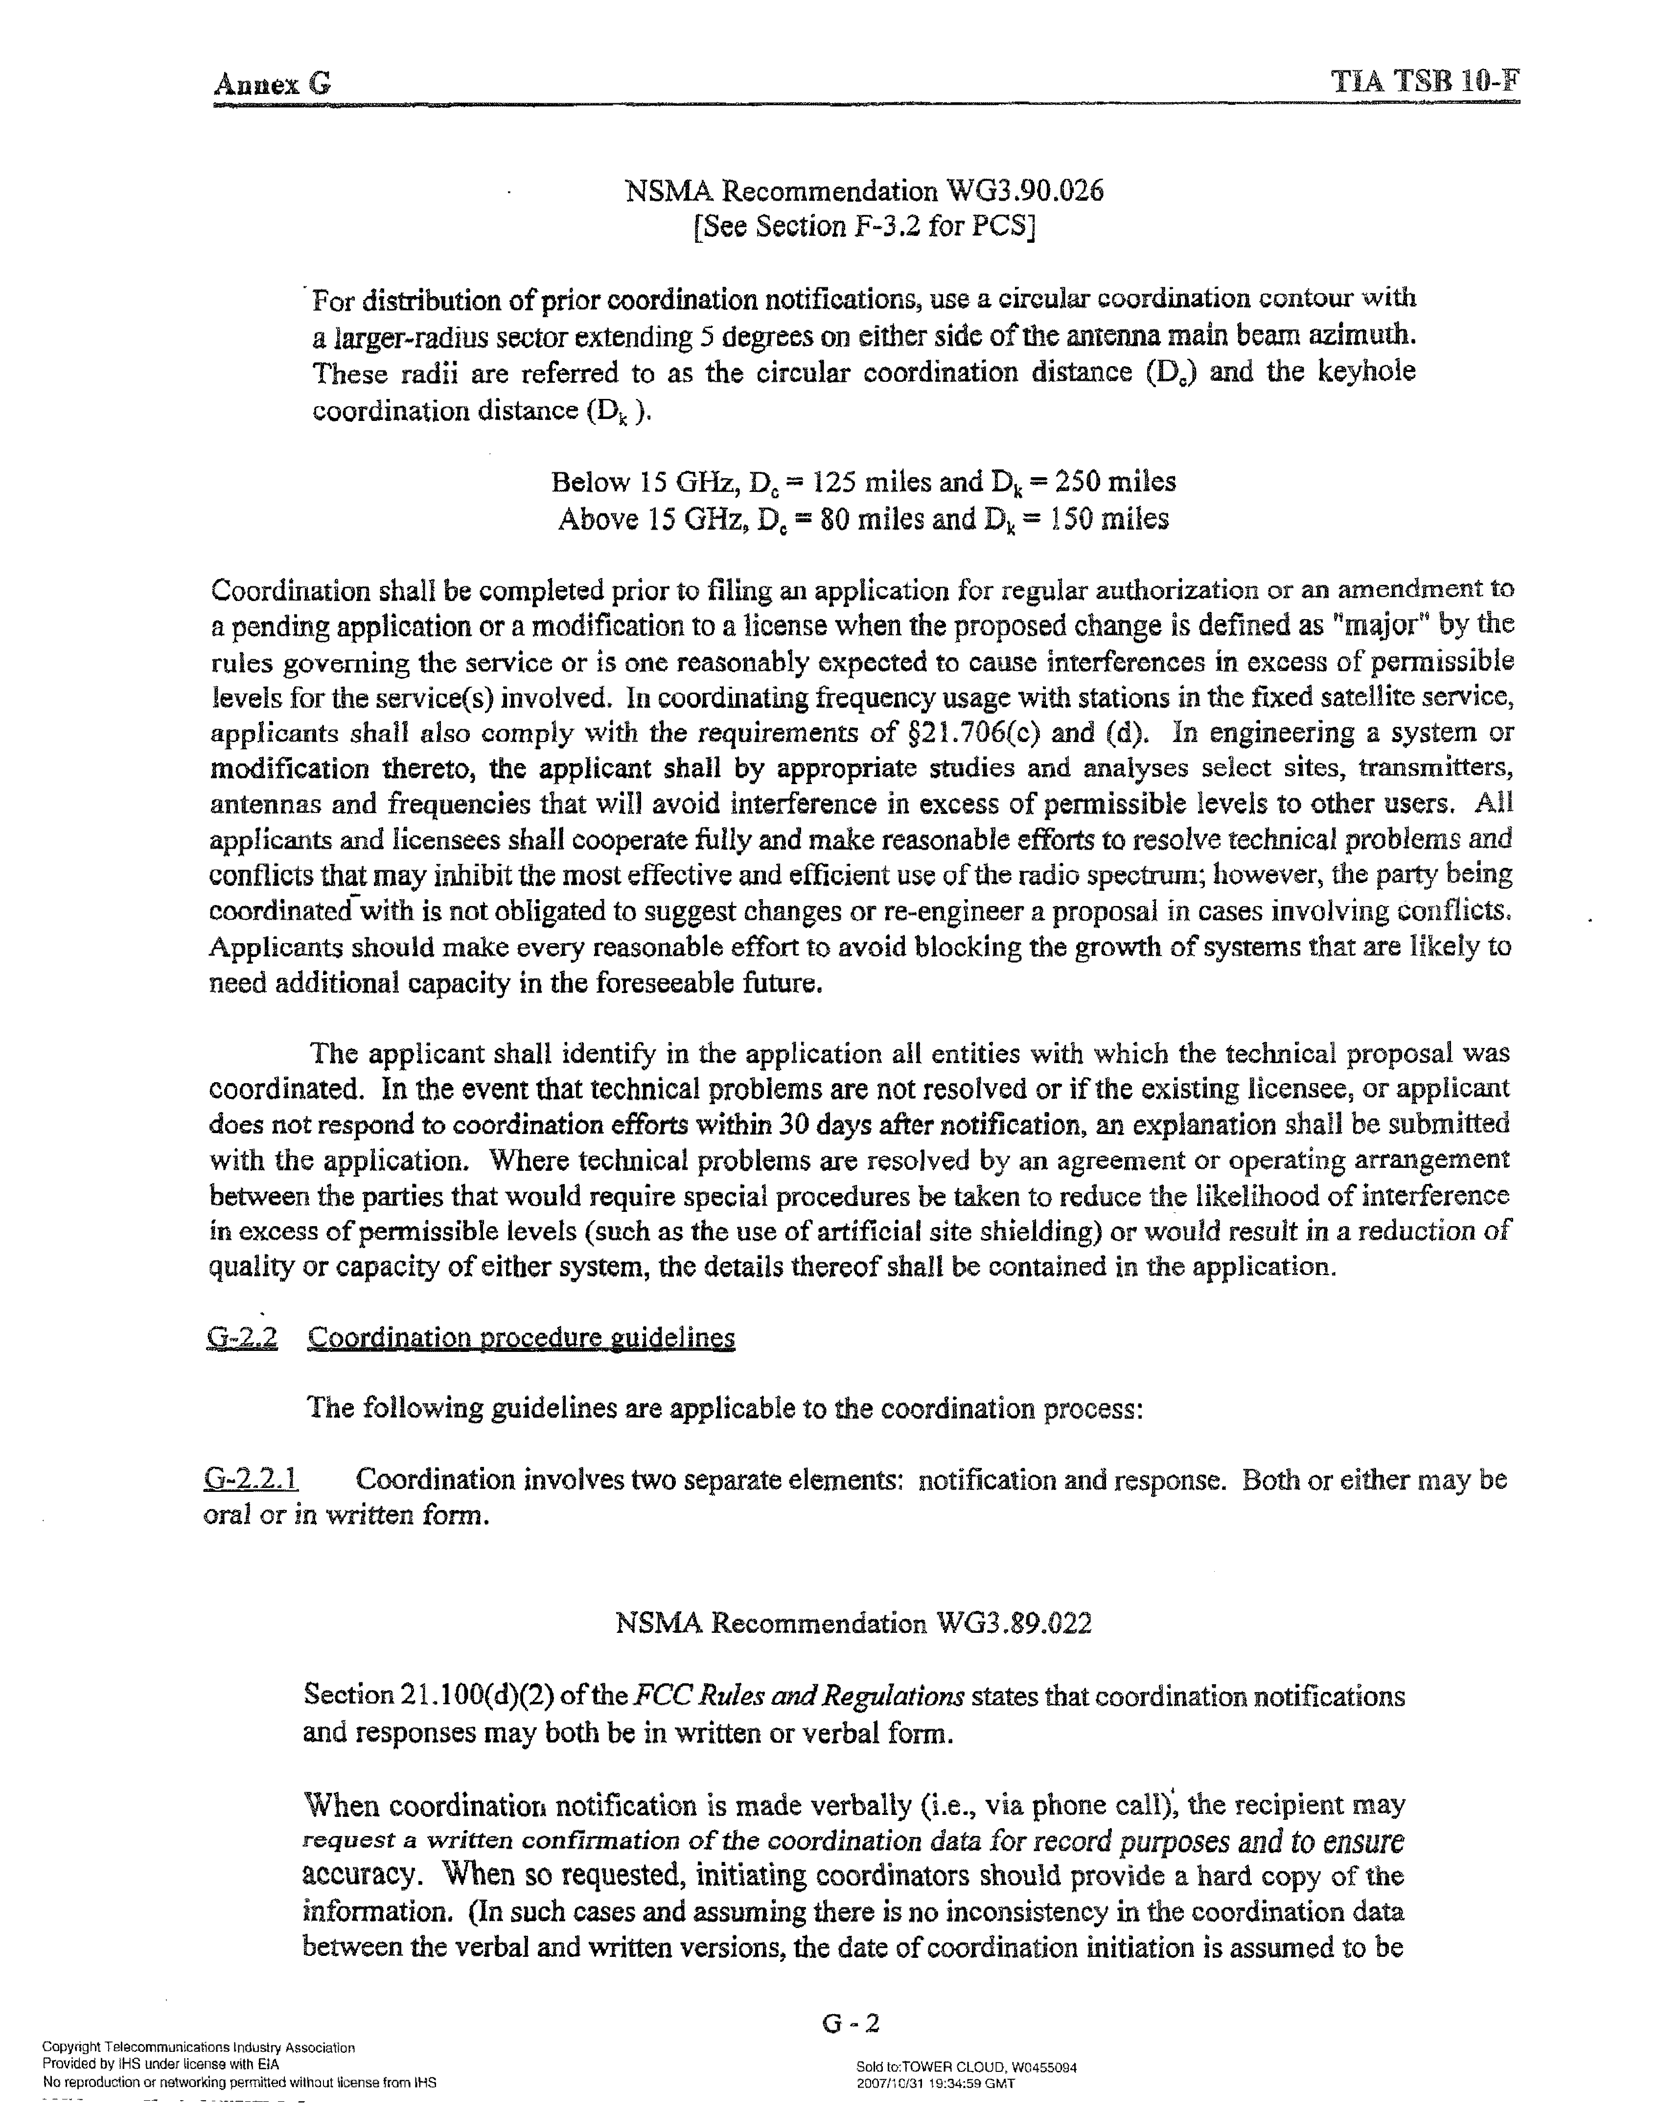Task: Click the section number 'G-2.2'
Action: pos(242,1337)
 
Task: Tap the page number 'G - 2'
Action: pos(851,2023)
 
